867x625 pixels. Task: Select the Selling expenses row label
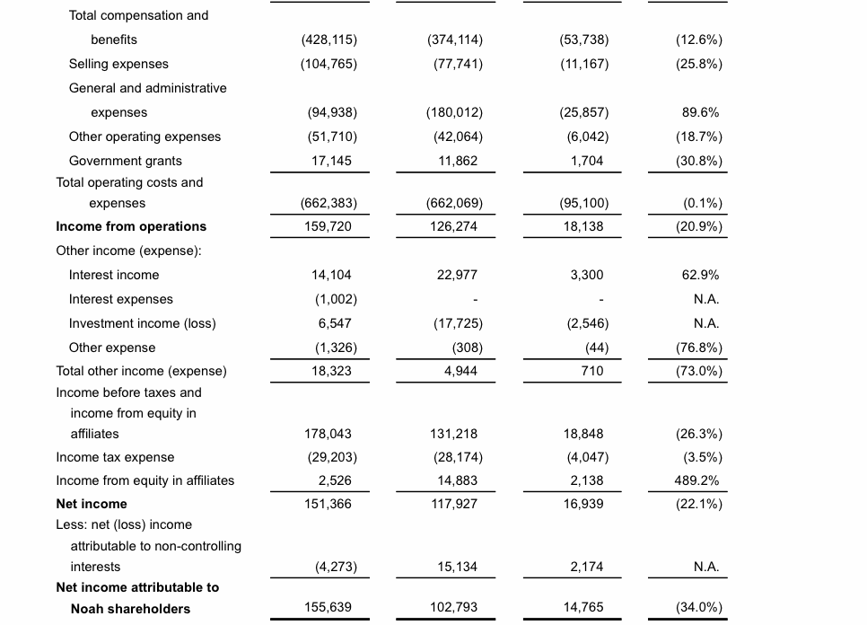coord(118,64)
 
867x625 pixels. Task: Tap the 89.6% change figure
coord(700,112)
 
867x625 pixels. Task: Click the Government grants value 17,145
coord(328,161)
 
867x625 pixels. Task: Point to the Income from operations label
coord(131,226)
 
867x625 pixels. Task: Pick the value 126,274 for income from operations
coord(454,226)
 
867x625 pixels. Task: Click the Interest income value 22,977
coord(457,275)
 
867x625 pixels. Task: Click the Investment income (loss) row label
coord(142,323)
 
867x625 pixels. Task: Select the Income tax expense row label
coord(115,457)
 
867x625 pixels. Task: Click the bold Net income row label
coord(92,504)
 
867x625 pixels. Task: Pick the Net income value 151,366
coord(328,504)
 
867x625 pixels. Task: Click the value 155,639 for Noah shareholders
coord(328,608)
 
